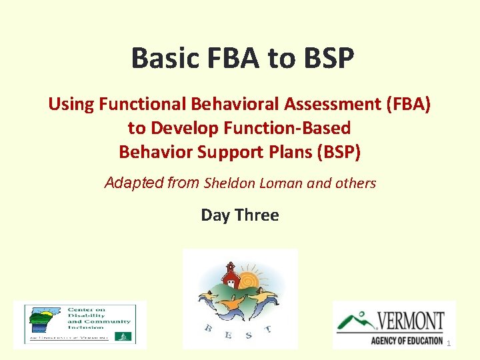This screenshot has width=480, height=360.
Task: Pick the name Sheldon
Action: pyautogui.click(x=228, y=183)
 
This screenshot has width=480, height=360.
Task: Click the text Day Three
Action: pyautogui.click(x=240, y=215)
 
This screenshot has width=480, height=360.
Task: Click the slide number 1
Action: pyautogui.click(x=449, y=343)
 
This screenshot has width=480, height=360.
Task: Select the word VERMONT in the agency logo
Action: pyautogui.click(x=410, y=321)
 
